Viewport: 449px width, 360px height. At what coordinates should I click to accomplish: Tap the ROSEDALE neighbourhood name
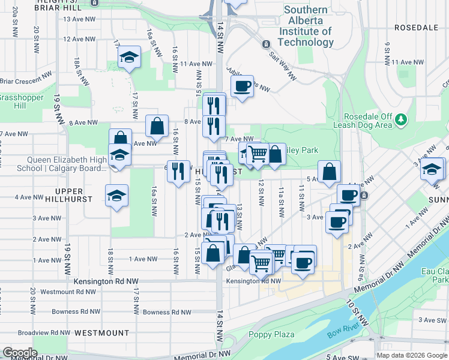tap(416, 28)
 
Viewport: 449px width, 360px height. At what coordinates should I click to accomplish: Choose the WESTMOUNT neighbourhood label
tap(107, 332)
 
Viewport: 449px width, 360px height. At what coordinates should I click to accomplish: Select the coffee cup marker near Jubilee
tap(242, 86)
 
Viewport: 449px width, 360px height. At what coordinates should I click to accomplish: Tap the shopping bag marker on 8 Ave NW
tap(157, 126)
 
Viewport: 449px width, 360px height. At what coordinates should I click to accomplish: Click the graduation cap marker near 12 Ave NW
tap(128, 58)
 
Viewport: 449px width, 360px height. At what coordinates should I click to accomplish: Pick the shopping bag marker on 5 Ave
tap(330, 172)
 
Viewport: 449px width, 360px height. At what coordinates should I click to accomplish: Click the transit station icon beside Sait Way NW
tap(265, 44)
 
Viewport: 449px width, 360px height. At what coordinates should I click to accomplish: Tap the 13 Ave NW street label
tap(80, 19)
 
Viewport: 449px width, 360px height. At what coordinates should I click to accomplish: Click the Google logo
tap(20, 353)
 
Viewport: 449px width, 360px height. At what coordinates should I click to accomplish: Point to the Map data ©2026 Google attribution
tap(412, 355)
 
